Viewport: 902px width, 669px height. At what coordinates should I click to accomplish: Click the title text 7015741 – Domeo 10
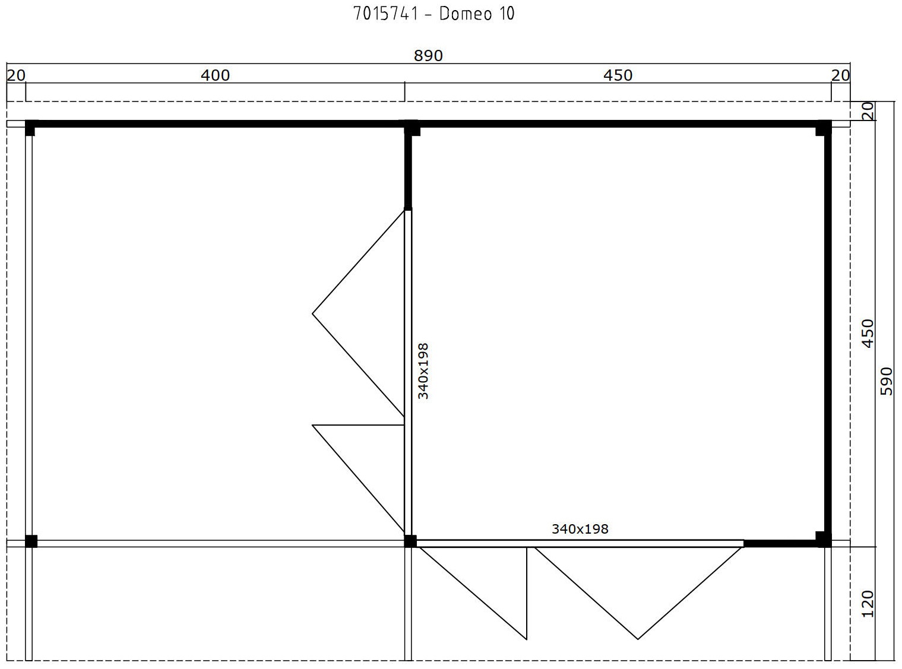(x=433, y=14)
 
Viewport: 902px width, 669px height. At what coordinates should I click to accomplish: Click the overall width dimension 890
(x=428, y=56)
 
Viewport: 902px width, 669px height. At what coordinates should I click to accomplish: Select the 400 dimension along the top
(x=215, y=75)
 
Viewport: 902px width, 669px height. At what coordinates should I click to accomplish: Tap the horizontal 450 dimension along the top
(x=618, y=75)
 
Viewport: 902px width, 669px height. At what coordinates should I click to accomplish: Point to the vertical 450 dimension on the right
(x=868, y=334)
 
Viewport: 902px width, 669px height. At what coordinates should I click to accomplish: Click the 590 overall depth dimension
(x=887, y=382)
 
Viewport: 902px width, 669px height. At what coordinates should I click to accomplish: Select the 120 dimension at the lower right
(x=868, y=604)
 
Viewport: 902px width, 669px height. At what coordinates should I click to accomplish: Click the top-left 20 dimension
(x=16, y=75)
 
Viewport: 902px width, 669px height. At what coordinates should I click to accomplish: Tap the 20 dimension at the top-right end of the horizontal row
(x=840, y=75)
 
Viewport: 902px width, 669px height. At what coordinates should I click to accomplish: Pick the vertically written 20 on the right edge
(x=868, y=111)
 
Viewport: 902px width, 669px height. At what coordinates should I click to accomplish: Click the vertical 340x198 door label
(x=423, y=371)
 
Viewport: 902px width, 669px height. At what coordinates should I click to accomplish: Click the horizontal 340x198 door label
(x=580, y=529)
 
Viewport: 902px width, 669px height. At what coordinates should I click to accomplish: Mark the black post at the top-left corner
(x=31, y=128)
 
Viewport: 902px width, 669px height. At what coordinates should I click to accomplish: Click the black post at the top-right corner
(x=824, y=128)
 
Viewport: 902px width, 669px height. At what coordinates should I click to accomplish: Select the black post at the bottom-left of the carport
(x=31, y=541)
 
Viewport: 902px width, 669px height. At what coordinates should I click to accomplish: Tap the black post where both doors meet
(x=410, y=541)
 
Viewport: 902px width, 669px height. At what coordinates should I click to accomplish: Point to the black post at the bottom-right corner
(x=824, y=540)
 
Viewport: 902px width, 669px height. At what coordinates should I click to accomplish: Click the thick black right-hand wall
(x=828, y=334)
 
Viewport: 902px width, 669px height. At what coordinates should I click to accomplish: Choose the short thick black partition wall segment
(x=408, y=169)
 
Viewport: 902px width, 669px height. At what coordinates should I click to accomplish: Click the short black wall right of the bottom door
(x=780, y=544)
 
